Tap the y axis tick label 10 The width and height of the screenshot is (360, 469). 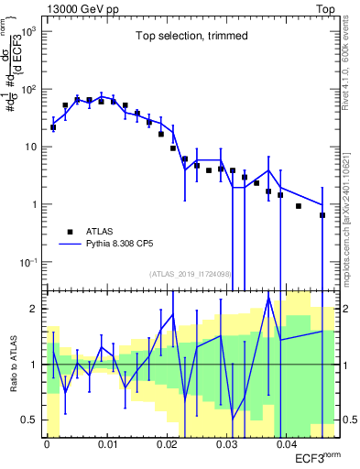[x=34, y=147]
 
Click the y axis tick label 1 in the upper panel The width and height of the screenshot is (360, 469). [x=37, y=205]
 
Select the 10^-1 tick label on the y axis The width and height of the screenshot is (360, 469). [x=29, y=262]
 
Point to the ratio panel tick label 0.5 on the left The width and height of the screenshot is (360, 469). [x=31, y=420]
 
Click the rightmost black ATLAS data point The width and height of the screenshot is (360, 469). [x=322, y=215]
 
